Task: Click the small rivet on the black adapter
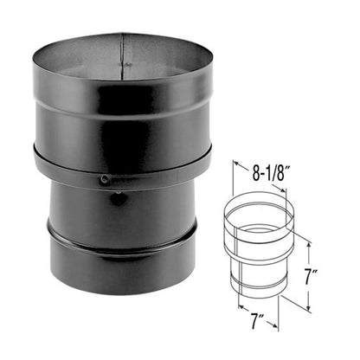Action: tap(105, 180)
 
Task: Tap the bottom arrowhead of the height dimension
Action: tap(309, 307)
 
